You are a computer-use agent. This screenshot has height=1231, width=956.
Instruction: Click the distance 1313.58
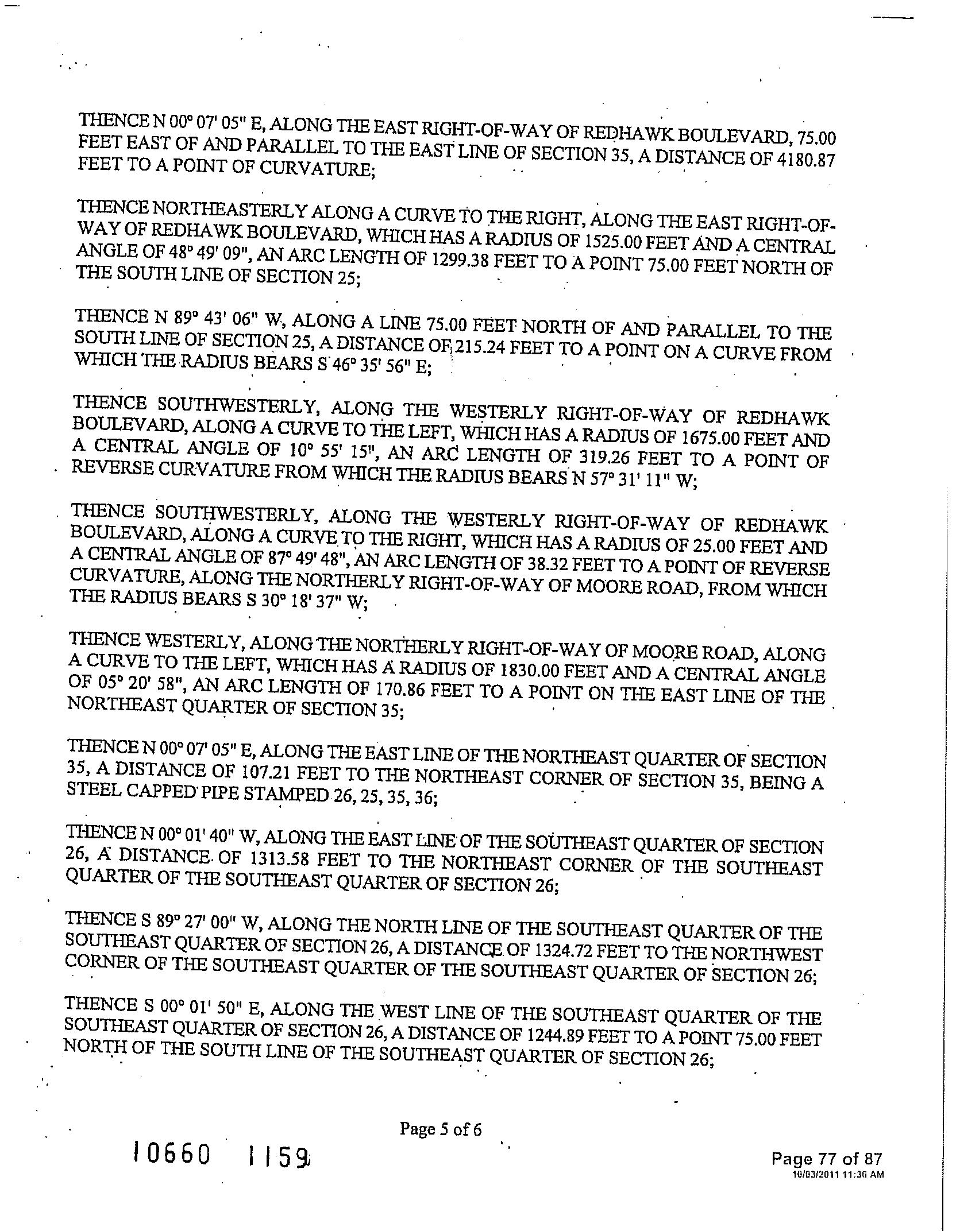281,862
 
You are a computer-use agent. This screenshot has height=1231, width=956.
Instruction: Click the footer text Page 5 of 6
440,1129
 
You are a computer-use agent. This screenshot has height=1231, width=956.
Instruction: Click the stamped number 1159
279,1154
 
